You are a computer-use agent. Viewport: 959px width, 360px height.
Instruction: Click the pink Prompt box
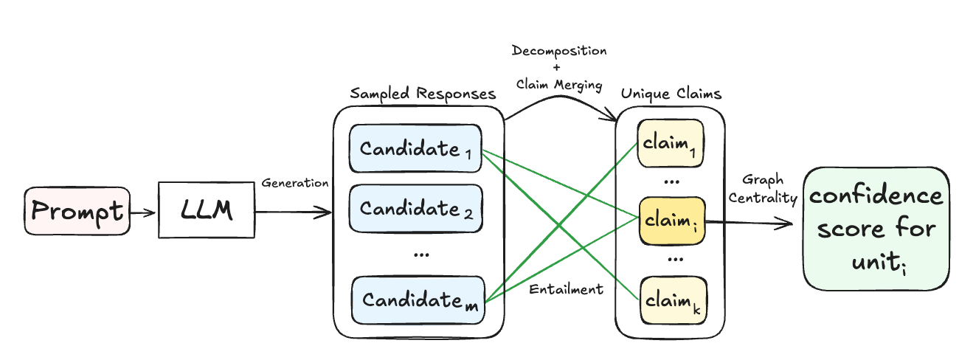[x=77, y=212]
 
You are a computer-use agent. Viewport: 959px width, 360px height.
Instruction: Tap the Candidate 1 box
[x=415, y=148]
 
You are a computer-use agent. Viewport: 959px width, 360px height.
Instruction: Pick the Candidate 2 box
[x=415, y=209]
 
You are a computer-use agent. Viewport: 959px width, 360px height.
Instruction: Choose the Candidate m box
[x=418, y=300]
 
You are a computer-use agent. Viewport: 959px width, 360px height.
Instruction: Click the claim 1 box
[x=671, y=142]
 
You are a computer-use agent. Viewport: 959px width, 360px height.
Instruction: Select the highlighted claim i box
[x=671, y=221]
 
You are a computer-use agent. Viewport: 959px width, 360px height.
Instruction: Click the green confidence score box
[x=876, y=229]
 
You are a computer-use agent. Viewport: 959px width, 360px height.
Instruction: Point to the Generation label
[x=295, y=183]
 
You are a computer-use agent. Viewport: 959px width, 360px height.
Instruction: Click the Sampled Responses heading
[x=423, y=94]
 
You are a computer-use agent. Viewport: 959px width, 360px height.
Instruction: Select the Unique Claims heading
[x=671, y=94]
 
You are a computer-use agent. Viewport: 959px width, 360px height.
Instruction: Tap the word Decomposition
[x=560, y=52]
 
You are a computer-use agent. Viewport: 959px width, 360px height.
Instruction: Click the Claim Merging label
[x=560, y=85]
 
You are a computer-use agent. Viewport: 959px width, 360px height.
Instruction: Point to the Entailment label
[x=566, y=289]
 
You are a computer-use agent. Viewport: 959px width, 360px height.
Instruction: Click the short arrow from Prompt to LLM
[x=145, y=212]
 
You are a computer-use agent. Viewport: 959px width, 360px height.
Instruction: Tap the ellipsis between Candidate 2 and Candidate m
[x=421, y=254]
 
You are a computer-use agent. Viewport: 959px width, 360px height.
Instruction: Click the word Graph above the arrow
[x=763, y=181]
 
